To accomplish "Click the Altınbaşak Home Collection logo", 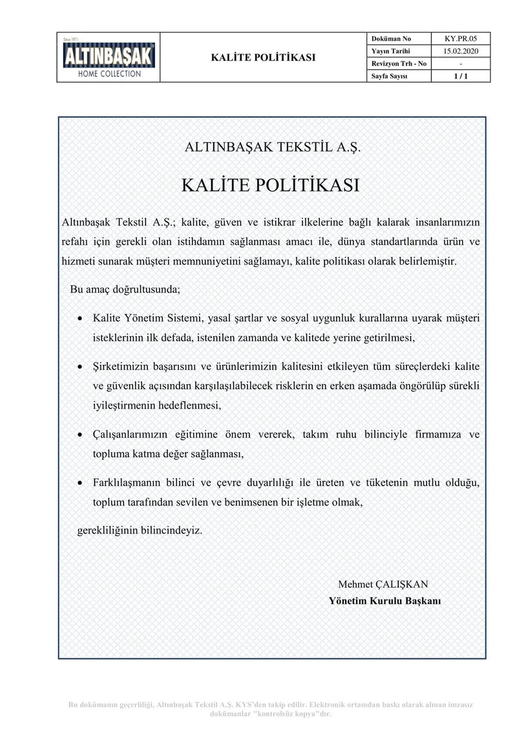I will click(109, 57).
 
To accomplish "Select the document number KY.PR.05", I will click(459, 38).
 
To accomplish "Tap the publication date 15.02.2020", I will click(459, 51).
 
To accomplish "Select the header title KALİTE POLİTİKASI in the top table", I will click(263, 57).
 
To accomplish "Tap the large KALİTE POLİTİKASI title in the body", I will click(271, 185).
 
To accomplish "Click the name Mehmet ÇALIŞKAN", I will click(383, 584).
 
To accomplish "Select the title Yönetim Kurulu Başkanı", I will click(385, 600).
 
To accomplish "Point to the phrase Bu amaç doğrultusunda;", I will click(125, 289).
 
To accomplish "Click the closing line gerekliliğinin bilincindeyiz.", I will click(140, 531).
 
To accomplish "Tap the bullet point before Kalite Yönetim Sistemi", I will click(79, 319).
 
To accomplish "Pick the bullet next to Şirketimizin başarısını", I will click(79, 367).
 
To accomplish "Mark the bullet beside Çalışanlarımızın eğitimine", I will click(79, 435).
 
